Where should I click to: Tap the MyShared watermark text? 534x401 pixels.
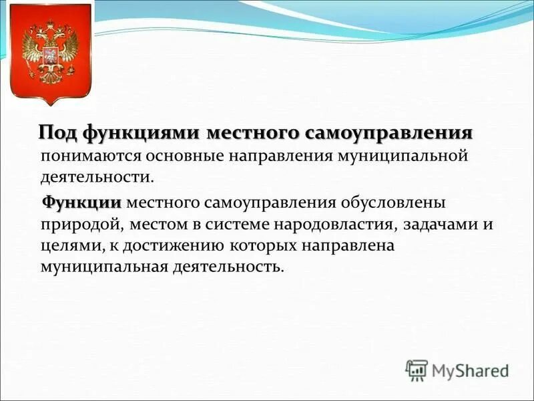[x=470, y=369]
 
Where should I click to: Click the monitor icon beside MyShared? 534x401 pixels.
[x=417, y=369]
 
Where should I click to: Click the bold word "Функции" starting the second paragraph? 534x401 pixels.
[x=82, y=203]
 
